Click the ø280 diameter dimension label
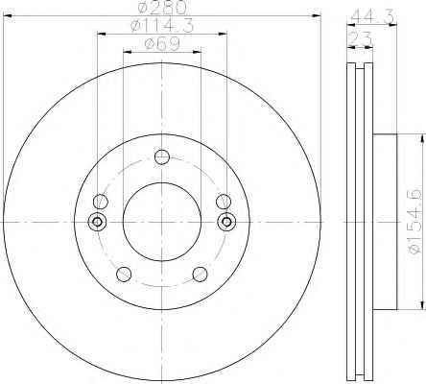[x=162, y=8]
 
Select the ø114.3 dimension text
[x=162, y=26]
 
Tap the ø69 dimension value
[x=162, y=44]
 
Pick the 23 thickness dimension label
[x=360, y=39]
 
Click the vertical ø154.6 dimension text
[x=414, y=221]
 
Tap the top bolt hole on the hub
[x=162, y=156]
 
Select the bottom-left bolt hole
[x=124, y=274]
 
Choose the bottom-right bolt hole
[x=200, y=274]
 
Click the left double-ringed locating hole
[x=97, y=222]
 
